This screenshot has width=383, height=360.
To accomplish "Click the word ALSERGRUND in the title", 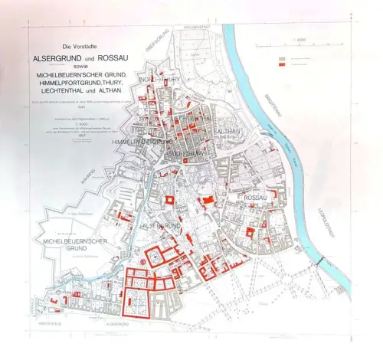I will tap(57, 59).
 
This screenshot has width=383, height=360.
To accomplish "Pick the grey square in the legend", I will tap(283, 58).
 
